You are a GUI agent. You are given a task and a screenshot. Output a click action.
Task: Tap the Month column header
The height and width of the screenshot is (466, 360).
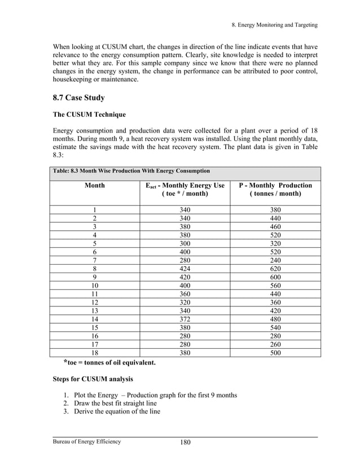click(x=94, y=185)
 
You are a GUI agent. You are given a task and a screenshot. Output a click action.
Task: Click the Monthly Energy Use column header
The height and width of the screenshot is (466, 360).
click(x=185, y=190)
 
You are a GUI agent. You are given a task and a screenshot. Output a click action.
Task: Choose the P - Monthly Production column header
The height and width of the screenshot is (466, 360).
click(x=275, y=190)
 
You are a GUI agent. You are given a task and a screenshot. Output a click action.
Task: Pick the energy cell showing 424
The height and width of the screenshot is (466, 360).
click(x=185, y=269)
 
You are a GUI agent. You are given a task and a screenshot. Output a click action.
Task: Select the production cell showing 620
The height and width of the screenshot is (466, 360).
click(x=275, y=269)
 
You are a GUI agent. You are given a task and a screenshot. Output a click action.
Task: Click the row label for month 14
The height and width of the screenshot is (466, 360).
click(x=94, y=320)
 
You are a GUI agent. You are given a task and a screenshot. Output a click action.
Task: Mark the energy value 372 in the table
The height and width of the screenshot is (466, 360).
click(x=185, y=320)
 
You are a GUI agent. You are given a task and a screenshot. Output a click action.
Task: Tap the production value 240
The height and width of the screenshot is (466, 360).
click(x=275, y=261)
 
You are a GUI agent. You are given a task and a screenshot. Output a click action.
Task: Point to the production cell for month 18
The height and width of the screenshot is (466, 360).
click(x=275, y=353)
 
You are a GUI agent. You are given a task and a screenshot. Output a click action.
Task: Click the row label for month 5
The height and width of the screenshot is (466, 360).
click(x=94, y=244)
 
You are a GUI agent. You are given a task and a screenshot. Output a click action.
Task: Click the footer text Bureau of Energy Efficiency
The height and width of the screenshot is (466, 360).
click(x=87, y=441)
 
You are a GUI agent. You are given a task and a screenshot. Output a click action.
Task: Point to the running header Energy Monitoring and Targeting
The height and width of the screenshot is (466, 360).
click(x=276, y=25)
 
